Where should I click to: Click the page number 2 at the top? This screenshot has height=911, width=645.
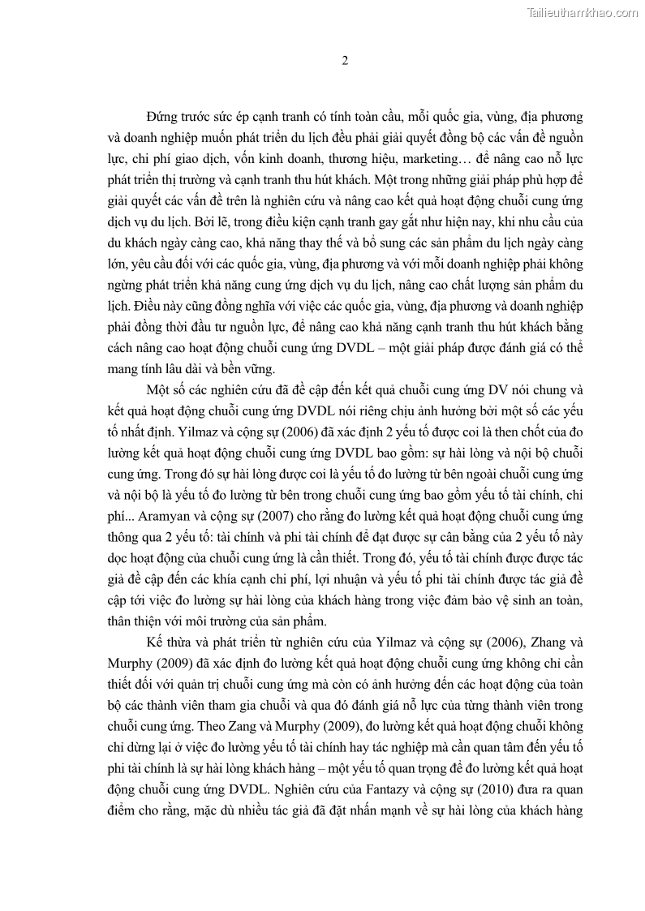click(x=346, y=61)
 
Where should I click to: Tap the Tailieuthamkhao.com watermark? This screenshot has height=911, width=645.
click(x=583, y=12)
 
